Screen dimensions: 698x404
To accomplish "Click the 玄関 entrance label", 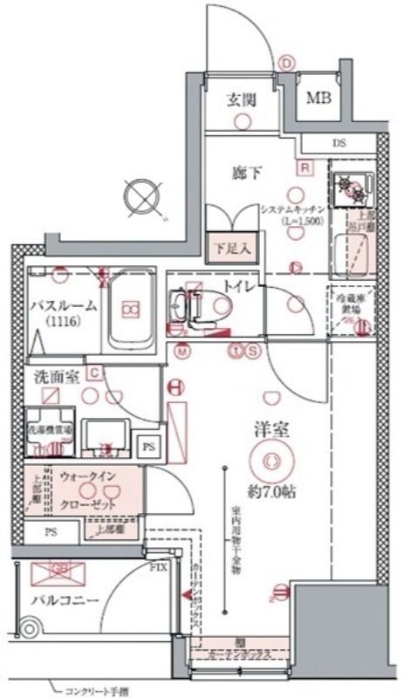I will point(243,99).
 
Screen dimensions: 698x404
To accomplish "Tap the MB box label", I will point(318,99).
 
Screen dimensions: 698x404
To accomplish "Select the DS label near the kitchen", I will point(339,143).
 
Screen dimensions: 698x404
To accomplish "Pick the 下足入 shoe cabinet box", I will point(231,247).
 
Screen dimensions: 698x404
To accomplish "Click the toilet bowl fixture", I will point(219,308).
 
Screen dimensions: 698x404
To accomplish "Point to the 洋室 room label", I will point(270,430).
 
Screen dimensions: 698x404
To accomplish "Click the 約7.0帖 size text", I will point(270,490).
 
